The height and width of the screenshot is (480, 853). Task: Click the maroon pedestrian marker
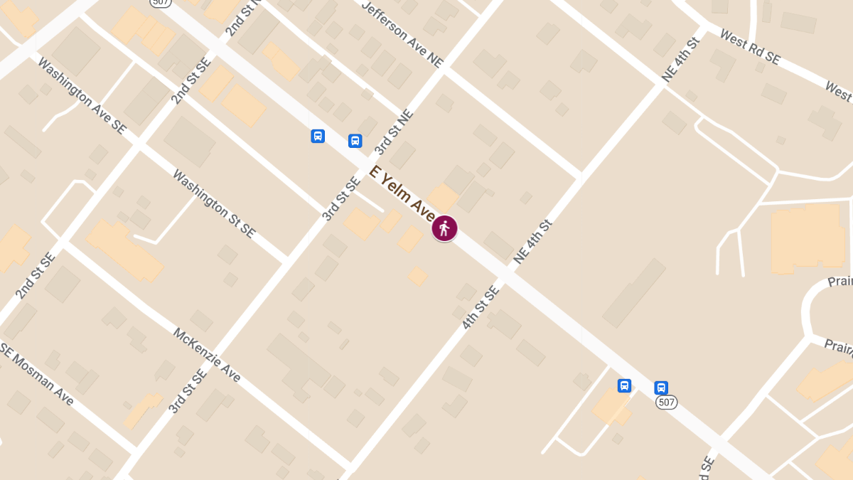pyautogui.click(x=444, y=228)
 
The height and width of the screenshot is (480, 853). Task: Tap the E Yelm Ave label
pyautogui.click(x=402, y=193)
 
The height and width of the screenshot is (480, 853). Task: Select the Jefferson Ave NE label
pyautogui.click(x=402, y=34)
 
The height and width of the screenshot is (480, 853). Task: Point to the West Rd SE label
pyautogui.click(x=749, y=47)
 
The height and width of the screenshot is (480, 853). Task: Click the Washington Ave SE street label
pyautogui.click(x=82, y=95)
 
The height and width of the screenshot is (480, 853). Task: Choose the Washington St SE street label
pyautogui.click(x=213, y=203)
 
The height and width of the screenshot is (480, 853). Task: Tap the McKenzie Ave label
pyautogui.click(x=207, y=354)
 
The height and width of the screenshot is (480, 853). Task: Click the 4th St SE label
pyautogui.click(x=481, y=306)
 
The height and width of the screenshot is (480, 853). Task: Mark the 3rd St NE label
pyautogui.click(x=393, y=132)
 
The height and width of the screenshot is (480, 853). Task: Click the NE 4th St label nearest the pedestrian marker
pyautogui.click(x=532, y=242)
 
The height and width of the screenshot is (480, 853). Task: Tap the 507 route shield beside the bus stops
pyautogui.click(x=666, y=402)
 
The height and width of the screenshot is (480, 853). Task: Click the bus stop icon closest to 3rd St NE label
pyautogui.click(x=355, y=141)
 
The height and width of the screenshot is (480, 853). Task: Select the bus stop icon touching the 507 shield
pyautogui.click(x=661, y=388)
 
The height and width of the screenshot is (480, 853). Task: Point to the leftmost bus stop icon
pyautogui.click(x=318, y=136)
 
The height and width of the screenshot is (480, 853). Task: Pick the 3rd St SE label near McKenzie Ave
pyautogui.click(x=186, y=390)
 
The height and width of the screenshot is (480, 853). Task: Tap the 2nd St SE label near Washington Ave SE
pyautogui.click(x=191, y=81)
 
